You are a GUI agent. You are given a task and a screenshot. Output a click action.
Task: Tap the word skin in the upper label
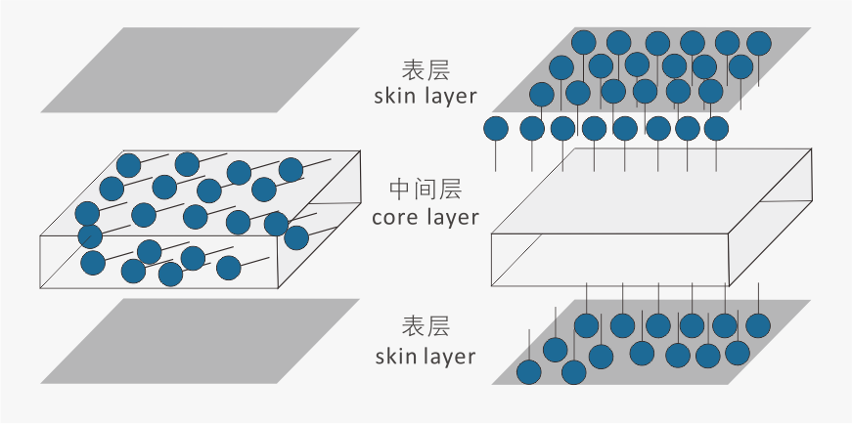point(395,97)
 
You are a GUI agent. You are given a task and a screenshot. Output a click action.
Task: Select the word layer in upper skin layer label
point(449,97)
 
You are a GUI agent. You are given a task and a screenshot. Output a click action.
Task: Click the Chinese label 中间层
point(426,188)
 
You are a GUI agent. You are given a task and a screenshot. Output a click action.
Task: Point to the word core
point(393,216)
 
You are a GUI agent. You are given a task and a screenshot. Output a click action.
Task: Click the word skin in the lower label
point(395,356)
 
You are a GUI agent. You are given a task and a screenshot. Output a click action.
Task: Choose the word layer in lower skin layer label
point(449,356)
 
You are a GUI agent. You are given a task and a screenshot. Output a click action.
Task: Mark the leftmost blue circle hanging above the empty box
point(497,128)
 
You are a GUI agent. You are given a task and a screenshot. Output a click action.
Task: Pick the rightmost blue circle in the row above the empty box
point(716,128)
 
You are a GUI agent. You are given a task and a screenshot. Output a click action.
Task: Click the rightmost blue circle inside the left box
point(296,237)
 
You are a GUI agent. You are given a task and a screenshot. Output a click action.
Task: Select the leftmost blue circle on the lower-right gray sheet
point(529,371)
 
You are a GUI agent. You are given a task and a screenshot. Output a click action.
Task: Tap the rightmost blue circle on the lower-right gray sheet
point(756,324)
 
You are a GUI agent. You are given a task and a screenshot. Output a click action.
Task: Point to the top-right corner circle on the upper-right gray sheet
point(759,43)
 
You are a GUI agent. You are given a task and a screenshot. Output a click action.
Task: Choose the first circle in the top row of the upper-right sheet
point(584,42)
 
